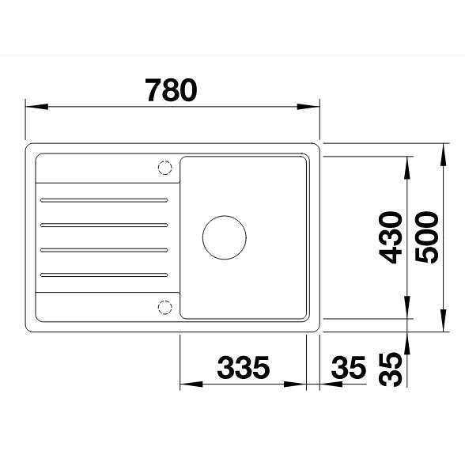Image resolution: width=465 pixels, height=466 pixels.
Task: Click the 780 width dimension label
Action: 171,91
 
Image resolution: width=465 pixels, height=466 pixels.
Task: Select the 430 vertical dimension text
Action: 390,238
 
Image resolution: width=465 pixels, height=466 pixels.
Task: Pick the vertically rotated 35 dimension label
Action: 390,369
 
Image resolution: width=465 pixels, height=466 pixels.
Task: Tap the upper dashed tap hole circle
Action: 165,168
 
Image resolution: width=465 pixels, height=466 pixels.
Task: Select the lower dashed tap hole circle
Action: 165,307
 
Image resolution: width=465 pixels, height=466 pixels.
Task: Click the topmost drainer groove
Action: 103,199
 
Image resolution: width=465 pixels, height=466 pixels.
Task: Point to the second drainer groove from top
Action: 103,224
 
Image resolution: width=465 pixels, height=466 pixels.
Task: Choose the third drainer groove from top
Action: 103,249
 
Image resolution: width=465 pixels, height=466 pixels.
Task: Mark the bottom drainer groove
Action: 103,275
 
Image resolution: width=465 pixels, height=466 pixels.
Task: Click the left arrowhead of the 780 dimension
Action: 32,106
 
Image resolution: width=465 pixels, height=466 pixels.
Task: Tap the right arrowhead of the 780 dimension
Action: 313,106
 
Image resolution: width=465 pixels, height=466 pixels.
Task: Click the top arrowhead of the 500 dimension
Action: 443,149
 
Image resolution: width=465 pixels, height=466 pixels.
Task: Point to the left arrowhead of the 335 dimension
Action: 186,385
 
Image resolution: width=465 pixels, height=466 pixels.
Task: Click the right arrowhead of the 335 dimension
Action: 301,385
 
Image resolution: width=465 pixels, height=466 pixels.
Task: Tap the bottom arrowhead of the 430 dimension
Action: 407,313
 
